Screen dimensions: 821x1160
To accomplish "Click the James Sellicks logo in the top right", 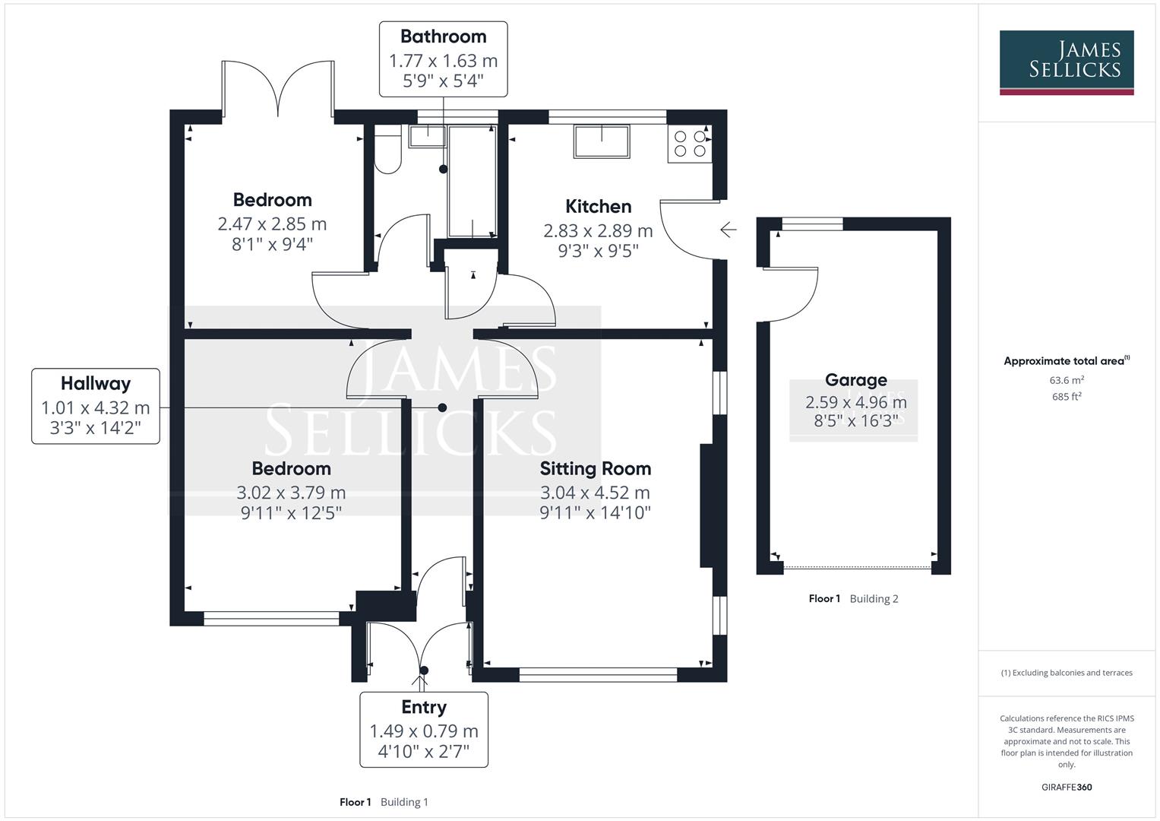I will click(1066, 62).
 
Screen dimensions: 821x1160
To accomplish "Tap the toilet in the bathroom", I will click(387, 153).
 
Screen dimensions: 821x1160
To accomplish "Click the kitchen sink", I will click(602, 142).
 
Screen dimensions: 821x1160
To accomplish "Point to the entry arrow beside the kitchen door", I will click(728, 230).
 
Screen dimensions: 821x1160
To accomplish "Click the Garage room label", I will click(855, 380).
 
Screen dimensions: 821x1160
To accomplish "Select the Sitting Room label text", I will click(595, 468).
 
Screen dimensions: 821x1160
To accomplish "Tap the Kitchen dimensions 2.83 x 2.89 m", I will click(598, 230).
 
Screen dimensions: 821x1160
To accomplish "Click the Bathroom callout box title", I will click(443, 36).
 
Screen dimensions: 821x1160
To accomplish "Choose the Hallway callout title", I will click(96, 384).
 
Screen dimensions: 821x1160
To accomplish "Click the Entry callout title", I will click(423, 707).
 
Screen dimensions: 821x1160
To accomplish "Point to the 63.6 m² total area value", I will click(1067, 380).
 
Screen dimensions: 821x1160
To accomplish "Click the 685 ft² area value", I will click(1067, 396).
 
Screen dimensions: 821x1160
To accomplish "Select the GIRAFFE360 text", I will click(1067, 787).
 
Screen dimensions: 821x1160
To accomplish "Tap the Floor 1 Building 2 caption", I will click(853, 598).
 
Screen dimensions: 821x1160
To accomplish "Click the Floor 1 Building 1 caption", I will click(384, 802).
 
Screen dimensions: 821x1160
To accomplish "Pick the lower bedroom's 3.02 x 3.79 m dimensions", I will click(291, 493).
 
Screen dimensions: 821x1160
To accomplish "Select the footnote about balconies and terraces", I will click(1067, 673).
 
